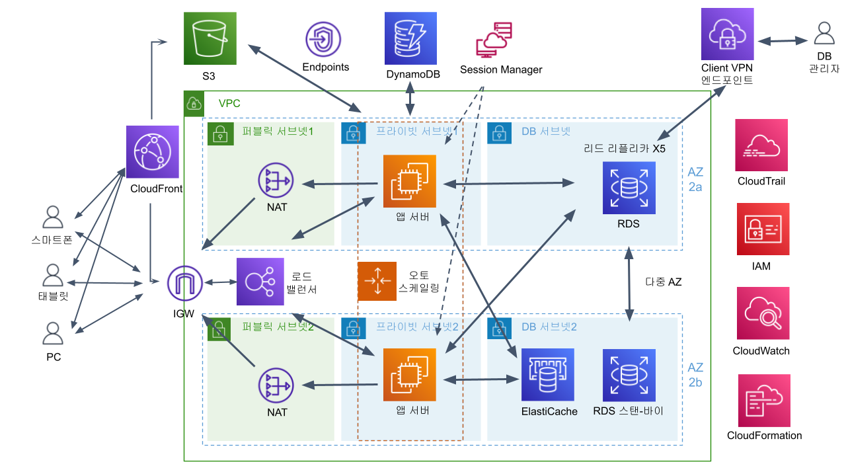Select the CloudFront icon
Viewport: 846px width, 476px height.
pos(153,152)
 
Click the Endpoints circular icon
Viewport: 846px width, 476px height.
pos(324,40)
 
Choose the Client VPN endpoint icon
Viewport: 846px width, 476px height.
pos(727,34)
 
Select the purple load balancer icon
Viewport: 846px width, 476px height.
pos(259,282)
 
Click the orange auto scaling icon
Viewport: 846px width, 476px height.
pos(377,281)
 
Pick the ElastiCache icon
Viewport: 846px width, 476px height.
pos(548,375)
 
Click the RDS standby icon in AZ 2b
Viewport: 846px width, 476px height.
pos(629,375)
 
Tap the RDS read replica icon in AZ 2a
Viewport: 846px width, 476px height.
pos(629,188)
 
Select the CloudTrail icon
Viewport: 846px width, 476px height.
pos(761,145)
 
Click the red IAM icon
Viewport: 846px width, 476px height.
pos(763,229)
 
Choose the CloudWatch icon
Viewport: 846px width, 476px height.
pos(763,313)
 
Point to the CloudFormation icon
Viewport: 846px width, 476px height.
pos(764,400)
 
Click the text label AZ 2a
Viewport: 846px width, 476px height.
pos(695,179)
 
